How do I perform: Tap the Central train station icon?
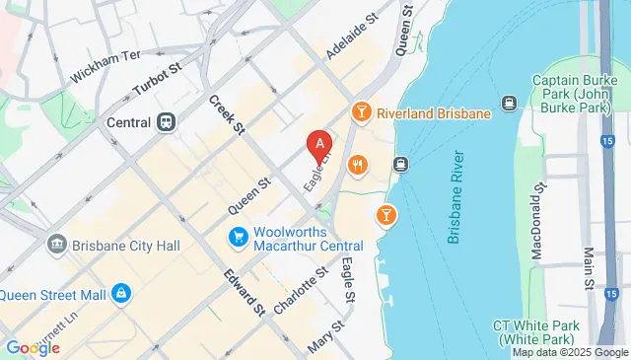click(x=165, y=123)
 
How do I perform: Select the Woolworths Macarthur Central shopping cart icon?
click(x=238, y=237)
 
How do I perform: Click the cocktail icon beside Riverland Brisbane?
click(x=361, y=113)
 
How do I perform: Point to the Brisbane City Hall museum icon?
click(x=55, y=243)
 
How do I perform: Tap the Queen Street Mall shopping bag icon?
click(x=119, y=293)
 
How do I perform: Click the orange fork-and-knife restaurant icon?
click(x=357, y=167)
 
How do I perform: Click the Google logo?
click(x=33, y=348)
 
